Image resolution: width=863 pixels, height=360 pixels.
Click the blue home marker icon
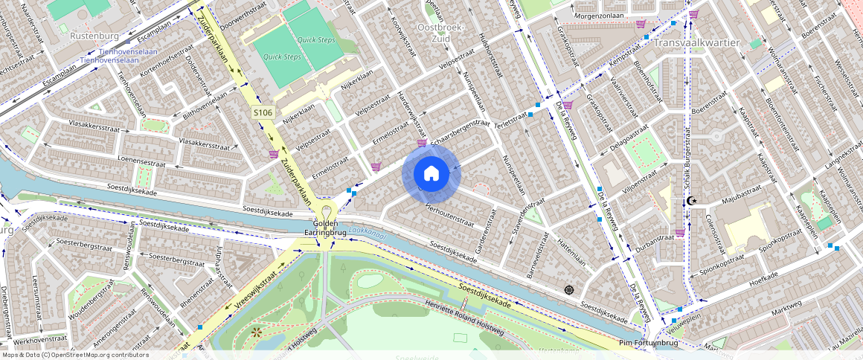click(x=431, y=173)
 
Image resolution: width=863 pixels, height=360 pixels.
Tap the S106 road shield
click(x=263, y=112)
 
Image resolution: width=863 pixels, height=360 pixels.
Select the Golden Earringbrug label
click(x=326, y=228)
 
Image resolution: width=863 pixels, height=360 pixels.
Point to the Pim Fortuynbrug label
click(x=649, y=343)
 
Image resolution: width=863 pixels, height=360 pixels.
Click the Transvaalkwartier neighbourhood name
click(x=697, y=42)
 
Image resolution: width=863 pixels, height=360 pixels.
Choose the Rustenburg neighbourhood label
click(x=94, y=35)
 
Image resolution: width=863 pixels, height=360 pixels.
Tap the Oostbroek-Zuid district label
click(x=441, y=33)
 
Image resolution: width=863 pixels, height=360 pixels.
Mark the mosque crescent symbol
click(x=691, y=200)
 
